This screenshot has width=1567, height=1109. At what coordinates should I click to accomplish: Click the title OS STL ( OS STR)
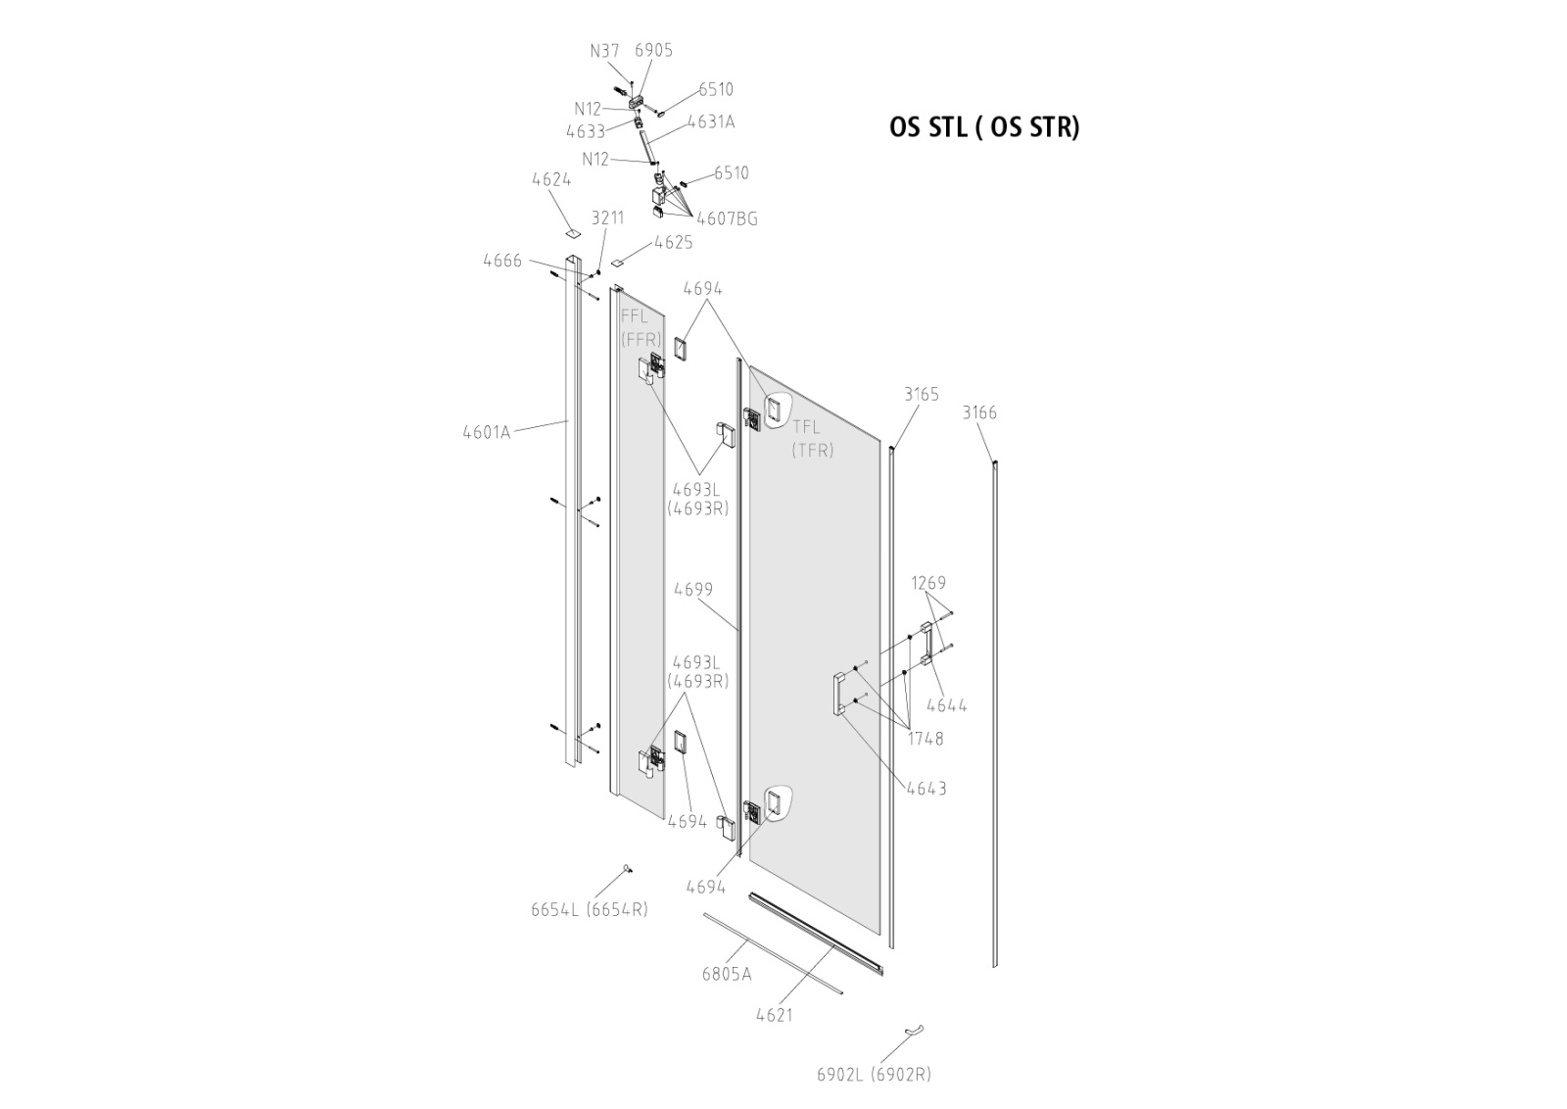984,128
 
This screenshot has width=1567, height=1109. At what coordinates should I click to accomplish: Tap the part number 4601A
487,431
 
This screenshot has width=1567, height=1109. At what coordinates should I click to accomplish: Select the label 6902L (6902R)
874,1074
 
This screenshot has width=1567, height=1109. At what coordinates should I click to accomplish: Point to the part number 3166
979,412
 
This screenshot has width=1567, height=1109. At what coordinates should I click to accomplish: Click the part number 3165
921,394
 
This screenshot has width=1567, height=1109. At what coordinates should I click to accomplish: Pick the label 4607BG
727,218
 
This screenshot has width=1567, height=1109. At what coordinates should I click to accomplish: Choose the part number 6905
653,51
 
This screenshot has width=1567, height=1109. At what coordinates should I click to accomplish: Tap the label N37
604,51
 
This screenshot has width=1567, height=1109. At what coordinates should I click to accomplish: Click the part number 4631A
710,122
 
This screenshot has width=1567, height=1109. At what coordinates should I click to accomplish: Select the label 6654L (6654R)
590,909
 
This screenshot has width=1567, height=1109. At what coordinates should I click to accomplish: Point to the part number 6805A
727,974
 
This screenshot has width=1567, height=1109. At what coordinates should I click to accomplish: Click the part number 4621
774,1015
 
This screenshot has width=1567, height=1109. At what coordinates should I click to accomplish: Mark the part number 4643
926,788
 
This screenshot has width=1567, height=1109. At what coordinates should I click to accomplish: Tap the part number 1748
925,739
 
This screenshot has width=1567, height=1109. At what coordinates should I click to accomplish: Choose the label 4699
693,590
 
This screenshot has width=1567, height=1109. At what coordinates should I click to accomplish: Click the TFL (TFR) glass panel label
813,438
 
